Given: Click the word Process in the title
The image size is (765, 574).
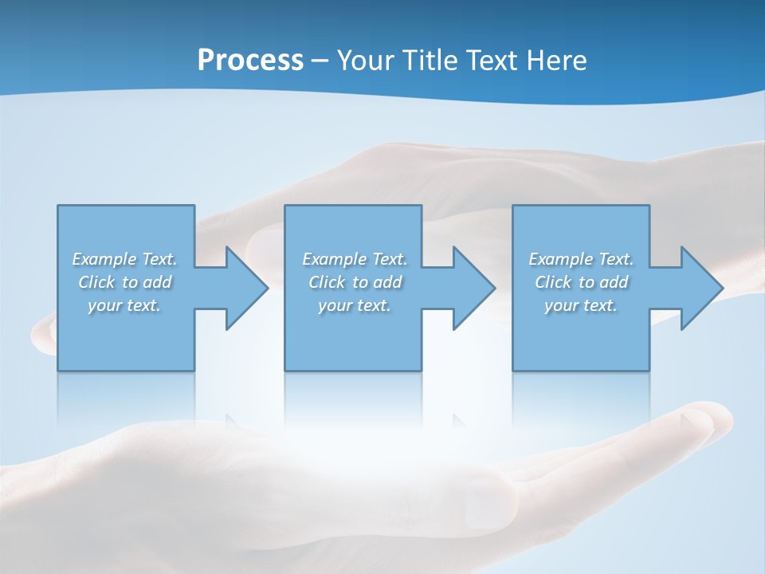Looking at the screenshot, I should pyautogui.click(x=250, y=61).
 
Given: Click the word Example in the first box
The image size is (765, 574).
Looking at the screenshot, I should pyautogui.click(x=104, y=259).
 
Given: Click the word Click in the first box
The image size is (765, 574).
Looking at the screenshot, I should pyautogui.click(x=96, y=282).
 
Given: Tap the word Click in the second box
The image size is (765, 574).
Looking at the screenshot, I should pyautogui.click(x=327, y=282).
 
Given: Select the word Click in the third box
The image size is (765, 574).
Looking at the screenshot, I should pyautogui.click(x=553, y=282).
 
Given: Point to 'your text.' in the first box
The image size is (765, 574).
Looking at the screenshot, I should pyautogui.click(x=124, y=305).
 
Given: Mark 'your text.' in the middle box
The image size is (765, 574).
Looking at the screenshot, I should pyautogui.click(x=355, y=305).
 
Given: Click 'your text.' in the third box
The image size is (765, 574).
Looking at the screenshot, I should pyautogui.click(x=581, y=305).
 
